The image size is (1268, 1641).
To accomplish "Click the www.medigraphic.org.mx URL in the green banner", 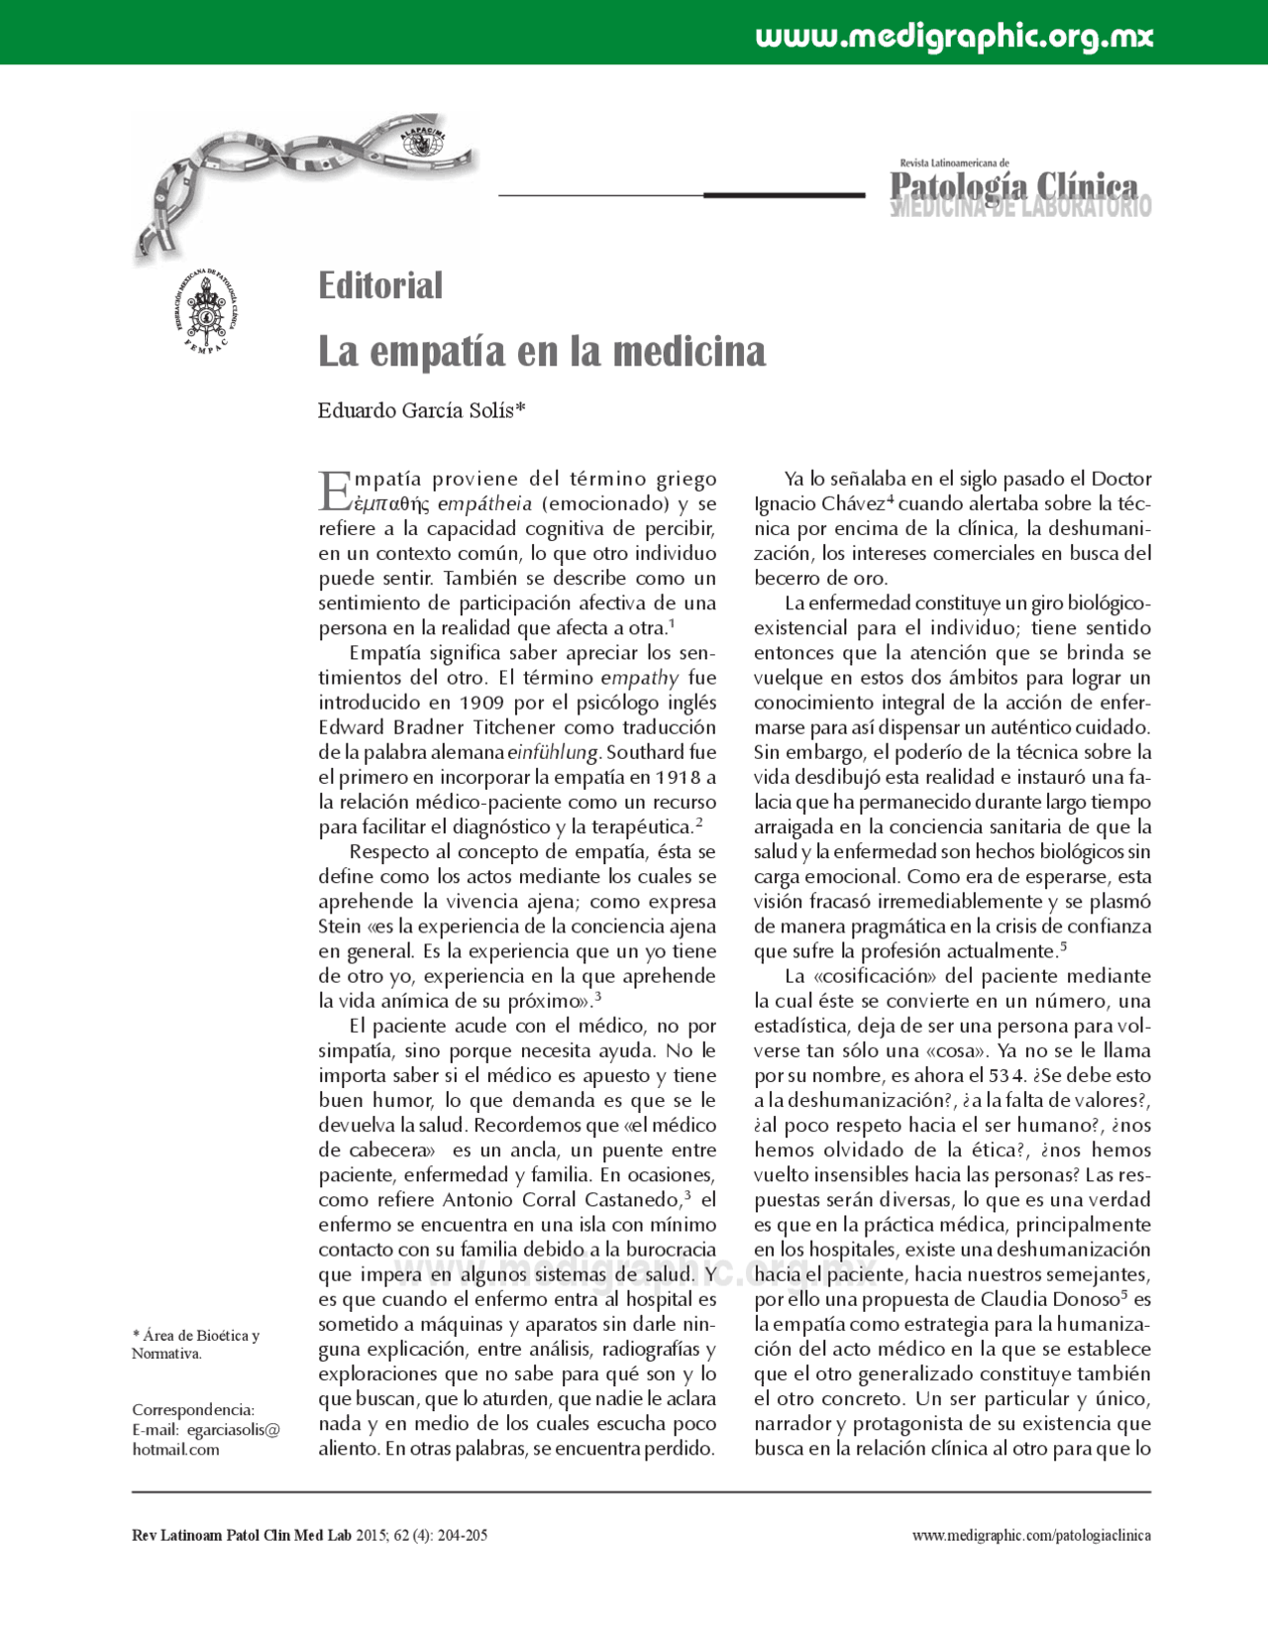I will tap(954, 37).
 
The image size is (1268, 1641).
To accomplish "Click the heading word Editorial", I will tap(380, 286).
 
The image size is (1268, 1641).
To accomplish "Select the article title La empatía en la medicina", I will tap(542, 352).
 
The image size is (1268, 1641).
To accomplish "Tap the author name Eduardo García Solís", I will tap(421, 410).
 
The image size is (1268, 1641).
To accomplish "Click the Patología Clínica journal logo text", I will tap(1014, 186).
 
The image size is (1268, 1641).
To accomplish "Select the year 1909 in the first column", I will tap(481, 703).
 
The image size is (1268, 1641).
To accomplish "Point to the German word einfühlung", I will tap(553, 752).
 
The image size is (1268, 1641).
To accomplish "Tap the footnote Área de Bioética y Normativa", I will tap(195, 1344).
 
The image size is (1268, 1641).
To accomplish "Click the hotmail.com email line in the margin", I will tap(176, 1449).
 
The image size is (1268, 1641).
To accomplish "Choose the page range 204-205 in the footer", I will tap(464, 1535).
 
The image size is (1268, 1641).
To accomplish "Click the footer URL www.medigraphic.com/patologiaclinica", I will tap(1030, 1535).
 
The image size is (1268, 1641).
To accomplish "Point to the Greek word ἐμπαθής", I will tap(393, 504).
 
